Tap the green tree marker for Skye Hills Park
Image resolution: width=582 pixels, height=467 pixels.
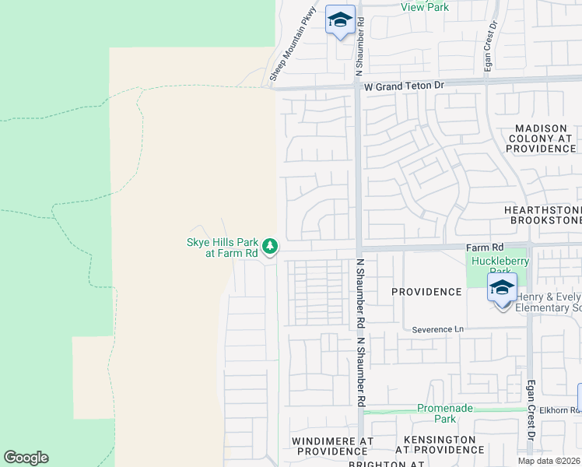[x=270, y=247]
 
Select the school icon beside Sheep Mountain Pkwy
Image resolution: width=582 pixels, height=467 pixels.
[x=340, y=19]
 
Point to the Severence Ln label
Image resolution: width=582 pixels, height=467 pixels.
[x=437, y=329]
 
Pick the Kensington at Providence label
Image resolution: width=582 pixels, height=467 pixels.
[x=435, y=444]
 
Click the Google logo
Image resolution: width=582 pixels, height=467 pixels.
[x=26, y=458]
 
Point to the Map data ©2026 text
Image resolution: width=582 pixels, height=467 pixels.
[x=549, y=461]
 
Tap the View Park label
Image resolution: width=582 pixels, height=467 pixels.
[x=425, y=7]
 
